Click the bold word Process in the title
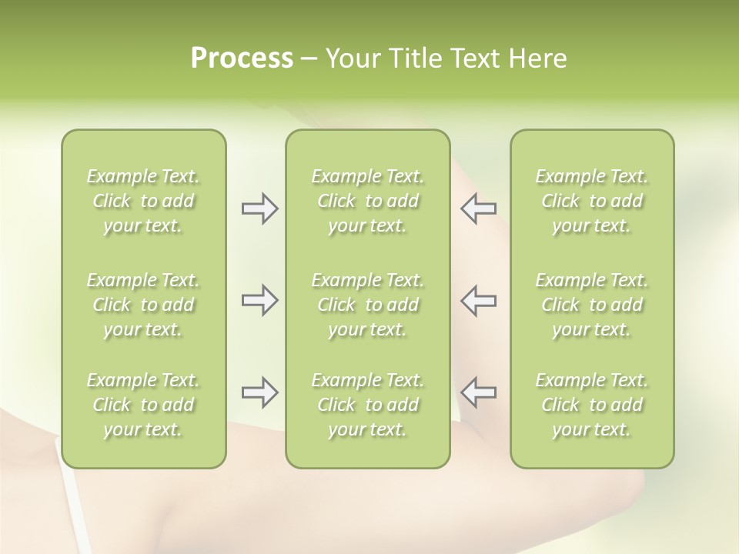(x=242, y=58)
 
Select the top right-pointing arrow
(x=259, y=209)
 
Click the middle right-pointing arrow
(x=259, y=300)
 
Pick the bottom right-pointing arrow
(x=259, y=392)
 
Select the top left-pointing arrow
(x=479, y=209)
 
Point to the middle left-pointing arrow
(x=479, y=300)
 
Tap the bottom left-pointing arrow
(x=479, y=392)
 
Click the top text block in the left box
(x=143, y=201)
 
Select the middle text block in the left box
(x=143, y=305)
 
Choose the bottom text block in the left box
(x=143, y=405)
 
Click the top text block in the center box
(x=367, y=201)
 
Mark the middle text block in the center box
(x=367, y=305)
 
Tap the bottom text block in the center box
(x=367, y=405)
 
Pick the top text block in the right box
(x=591, y=201)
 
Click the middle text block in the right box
(x=591, y=305)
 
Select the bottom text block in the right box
(x=591, y=405)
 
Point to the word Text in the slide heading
(x=475, y=58)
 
